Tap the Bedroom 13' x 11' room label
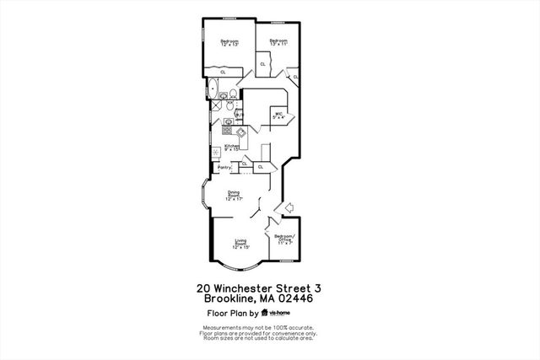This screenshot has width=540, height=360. tap(279, 42)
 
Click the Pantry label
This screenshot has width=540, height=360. tap(224, 167)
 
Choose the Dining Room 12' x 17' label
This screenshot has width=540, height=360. tap(235, 196)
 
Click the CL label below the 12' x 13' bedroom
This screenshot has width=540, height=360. tap(223, 73)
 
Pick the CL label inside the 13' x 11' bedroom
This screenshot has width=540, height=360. tap(263, 64)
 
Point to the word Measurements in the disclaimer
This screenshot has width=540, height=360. tap(220, 327)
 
